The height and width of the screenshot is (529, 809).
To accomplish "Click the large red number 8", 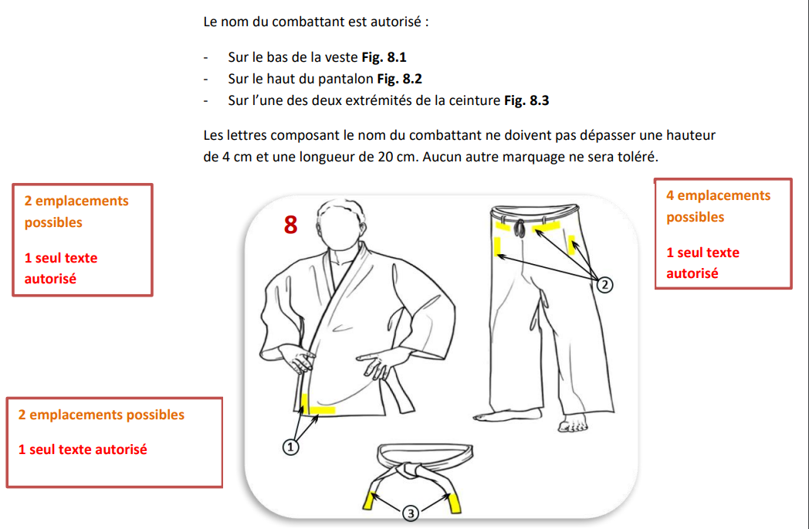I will click(290, 224).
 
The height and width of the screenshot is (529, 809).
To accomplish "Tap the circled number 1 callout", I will click(291, 446).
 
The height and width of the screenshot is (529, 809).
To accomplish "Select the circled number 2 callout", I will click(605, 286).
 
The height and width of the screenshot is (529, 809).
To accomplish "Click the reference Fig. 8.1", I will click(384, 57).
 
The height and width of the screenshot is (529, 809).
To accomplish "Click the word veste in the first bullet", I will click(340, 57).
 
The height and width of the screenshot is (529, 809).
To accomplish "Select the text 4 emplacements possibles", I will click(718, 206).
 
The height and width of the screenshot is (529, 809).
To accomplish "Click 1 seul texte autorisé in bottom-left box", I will click(83, 449).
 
